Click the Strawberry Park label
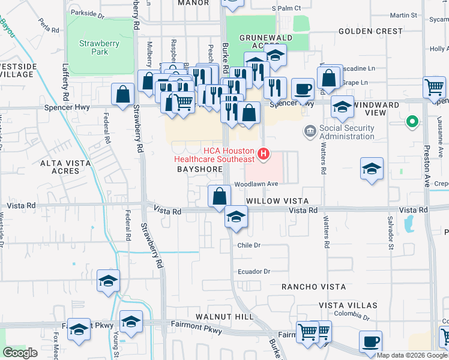pyautogui.click(x=99, y=47)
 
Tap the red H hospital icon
pyautogui.click(x=263, y=155)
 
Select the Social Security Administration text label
pyautogui.click(x=347, y=132)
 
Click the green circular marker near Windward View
pyautogui.click(x=411, y=122)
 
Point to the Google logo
pyautogui.click(x=20, y=353)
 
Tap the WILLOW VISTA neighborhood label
pyautogui.click(x=277, y=201)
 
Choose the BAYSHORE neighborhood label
pyautogui.click(x=200, y=170)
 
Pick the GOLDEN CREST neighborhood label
pyautogui.click(x=370, y=31)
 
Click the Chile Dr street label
pyautogui.click(x=249, y=245)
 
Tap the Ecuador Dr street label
pyautogui.click(x=254, y=271)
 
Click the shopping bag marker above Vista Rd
pyautogui.click(x=220, y=196)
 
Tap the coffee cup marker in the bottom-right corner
pyautogui.click(x=370, y=342)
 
